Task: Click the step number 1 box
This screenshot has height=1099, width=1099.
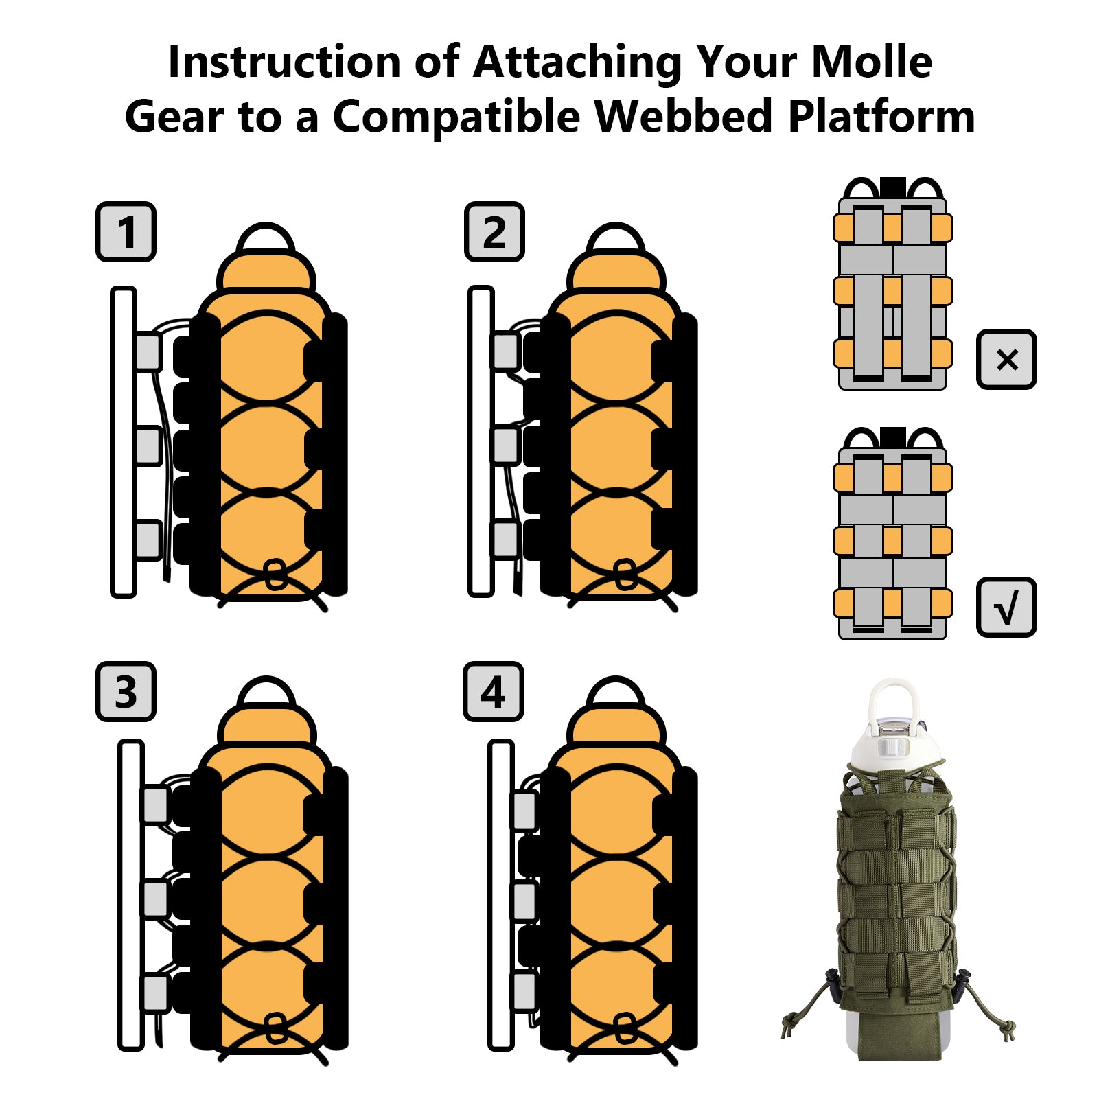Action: pos(126,231)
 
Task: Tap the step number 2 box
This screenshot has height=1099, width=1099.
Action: pos(494,231)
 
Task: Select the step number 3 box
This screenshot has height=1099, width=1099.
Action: pos(126,691)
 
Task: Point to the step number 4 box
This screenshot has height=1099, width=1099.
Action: pos(494,691)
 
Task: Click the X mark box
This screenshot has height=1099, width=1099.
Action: pos(1006,359)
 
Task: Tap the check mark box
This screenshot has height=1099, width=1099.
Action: pos(1006,607)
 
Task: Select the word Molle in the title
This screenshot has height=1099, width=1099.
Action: pos(871,62)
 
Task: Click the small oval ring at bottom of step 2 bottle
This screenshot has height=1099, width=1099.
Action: pos(625,575)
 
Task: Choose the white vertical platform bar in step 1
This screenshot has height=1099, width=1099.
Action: pos(124,441)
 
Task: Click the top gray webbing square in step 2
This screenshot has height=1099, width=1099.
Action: pos(506,351)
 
